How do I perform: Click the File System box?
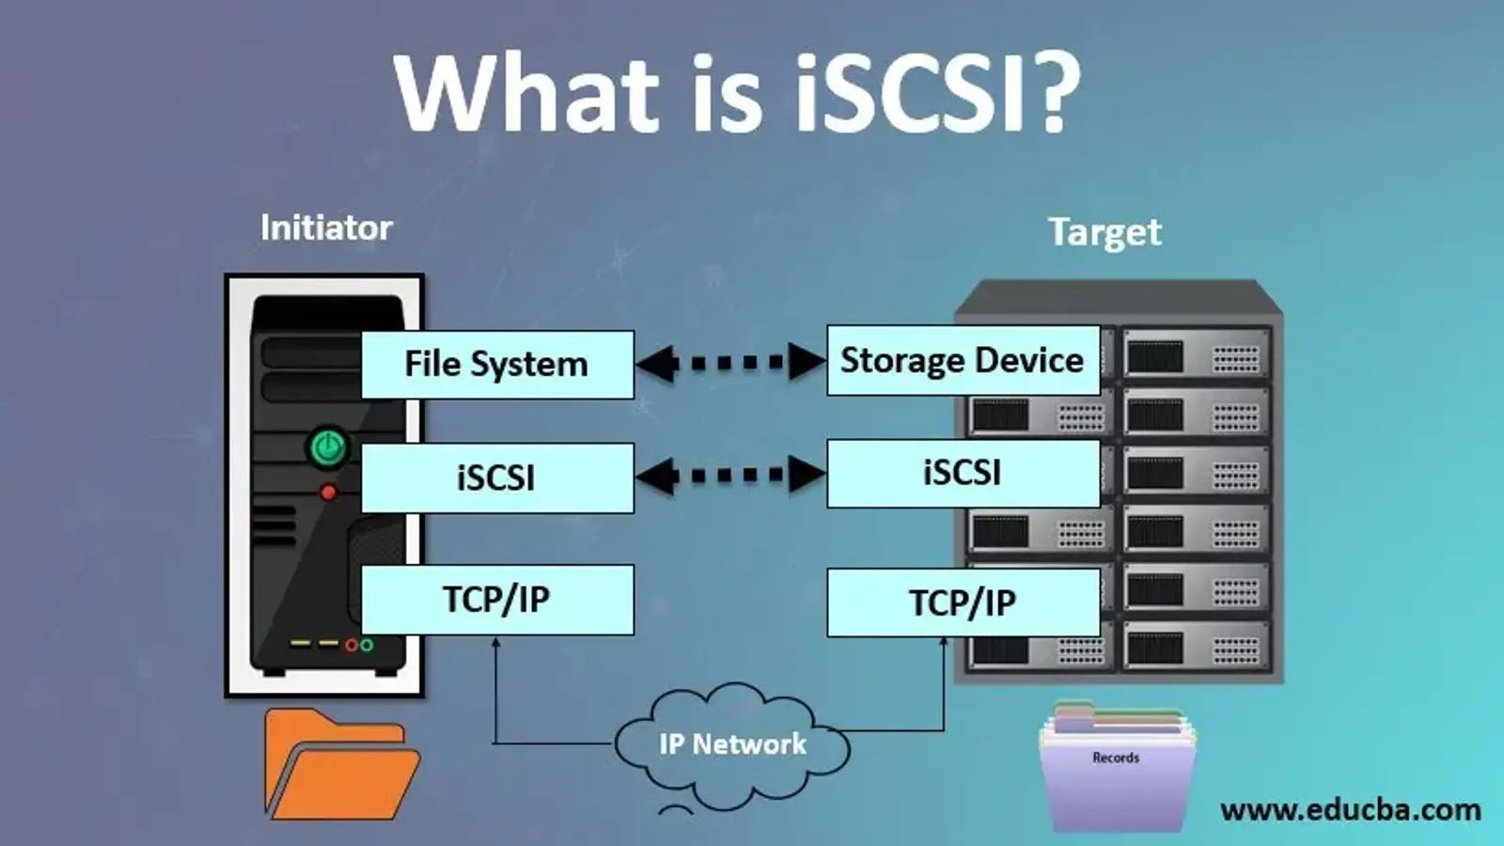[497, 365]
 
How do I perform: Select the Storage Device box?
[963, 360]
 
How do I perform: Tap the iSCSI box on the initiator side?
[497, 478]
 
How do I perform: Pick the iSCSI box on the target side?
[963, 473]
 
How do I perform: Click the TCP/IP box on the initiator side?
[497, 600]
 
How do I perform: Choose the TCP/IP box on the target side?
[963, 603]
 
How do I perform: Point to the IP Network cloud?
[732, 745]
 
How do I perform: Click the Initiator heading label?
[326, 228]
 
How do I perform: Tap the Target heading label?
[1104, 232]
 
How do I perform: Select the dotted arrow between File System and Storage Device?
[731, 363]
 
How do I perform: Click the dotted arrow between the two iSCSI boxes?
[731, 476]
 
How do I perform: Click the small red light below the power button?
[328, 492]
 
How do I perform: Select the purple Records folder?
[1117, 771]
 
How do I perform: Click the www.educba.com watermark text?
[1350, 810]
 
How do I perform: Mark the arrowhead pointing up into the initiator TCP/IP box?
[495, 643]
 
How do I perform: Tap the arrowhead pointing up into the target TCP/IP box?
[944, 643]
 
